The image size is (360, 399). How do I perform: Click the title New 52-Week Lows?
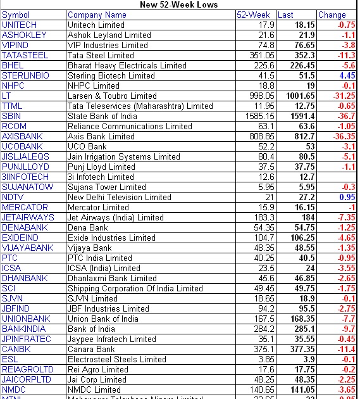(178, 4)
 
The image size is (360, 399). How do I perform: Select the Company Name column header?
(97, 15)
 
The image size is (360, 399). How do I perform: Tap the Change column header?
(332, 15)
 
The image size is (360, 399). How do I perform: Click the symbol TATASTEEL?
(25, 55)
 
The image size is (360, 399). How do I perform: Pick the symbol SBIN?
(11, 116)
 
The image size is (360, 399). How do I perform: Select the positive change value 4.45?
(346, 75)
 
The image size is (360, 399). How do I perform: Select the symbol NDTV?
(13, 197)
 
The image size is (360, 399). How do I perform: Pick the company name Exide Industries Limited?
(111, 237)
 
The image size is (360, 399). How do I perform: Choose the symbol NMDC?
(14, 389)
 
